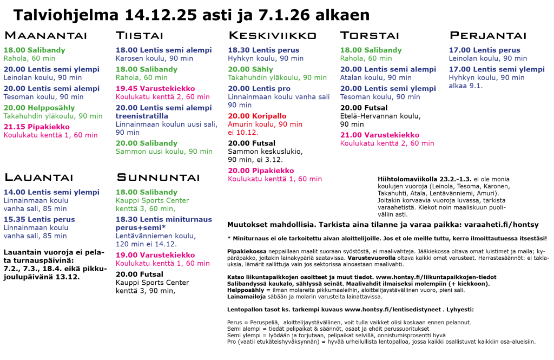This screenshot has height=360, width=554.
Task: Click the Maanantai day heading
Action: (45, 36)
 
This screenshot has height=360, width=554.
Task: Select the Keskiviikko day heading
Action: (273, 36)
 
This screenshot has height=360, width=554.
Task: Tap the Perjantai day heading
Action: (488, 36)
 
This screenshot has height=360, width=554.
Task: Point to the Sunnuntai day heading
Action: (159, 178)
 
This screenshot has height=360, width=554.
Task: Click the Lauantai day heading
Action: (38, 178)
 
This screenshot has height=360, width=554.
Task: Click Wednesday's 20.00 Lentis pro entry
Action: (259, 89)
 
